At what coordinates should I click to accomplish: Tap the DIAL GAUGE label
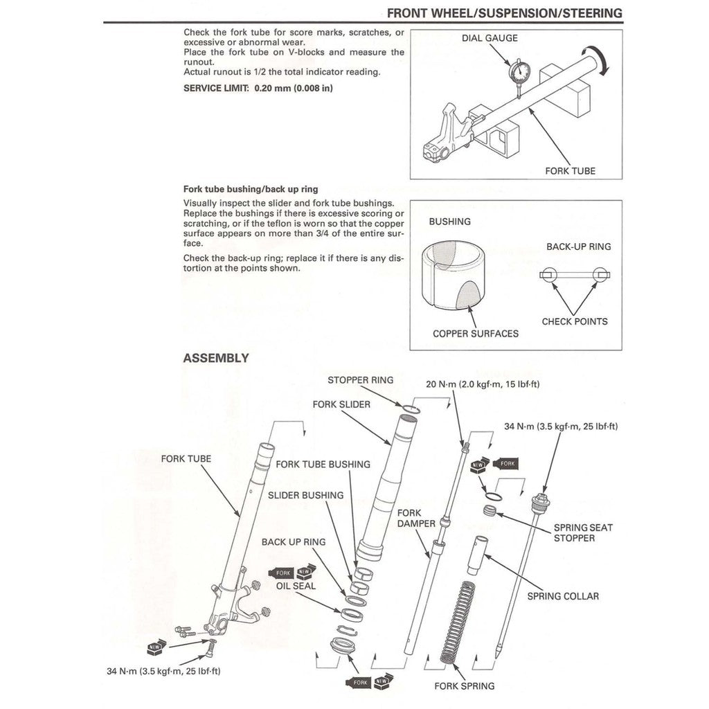tap(490, 38)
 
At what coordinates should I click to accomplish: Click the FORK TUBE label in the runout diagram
tap(570, 170)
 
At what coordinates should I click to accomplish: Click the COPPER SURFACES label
tap(475, 334)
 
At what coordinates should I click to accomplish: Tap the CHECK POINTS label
tap(574, 321)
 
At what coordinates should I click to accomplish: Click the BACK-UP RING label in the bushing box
tap(579, 246)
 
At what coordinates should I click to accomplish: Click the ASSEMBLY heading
tap(215, 359)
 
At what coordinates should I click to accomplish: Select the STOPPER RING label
tap(360, 380)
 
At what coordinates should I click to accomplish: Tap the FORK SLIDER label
tap(341, 404)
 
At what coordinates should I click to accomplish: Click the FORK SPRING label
tap(464, 686)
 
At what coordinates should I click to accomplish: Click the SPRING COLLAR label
tap(563, 595)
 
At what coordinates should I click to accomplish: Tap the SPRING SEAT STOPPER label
tap(583, 532)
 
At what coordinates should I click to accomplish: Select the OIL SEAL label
tap(296, 586)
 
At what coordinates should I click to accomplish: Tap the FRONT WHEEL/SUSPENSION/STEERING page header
tap(504, 13)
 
